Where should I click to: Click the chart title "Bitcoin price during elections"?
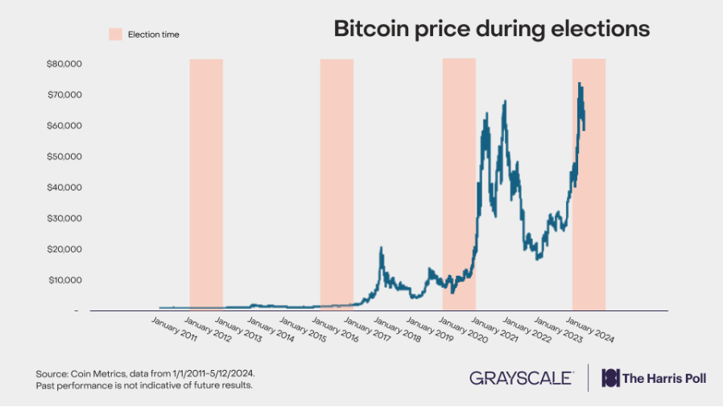tap(491, 30)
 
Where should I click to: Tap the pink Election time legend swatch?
tap(115, 35)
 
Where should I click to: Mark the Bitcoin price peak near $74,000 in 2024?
tap(580, 84)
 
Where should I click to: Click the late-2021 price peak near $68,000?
tap(505, 101)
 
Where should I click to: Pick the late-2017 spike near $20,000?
tap(381, 248)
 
